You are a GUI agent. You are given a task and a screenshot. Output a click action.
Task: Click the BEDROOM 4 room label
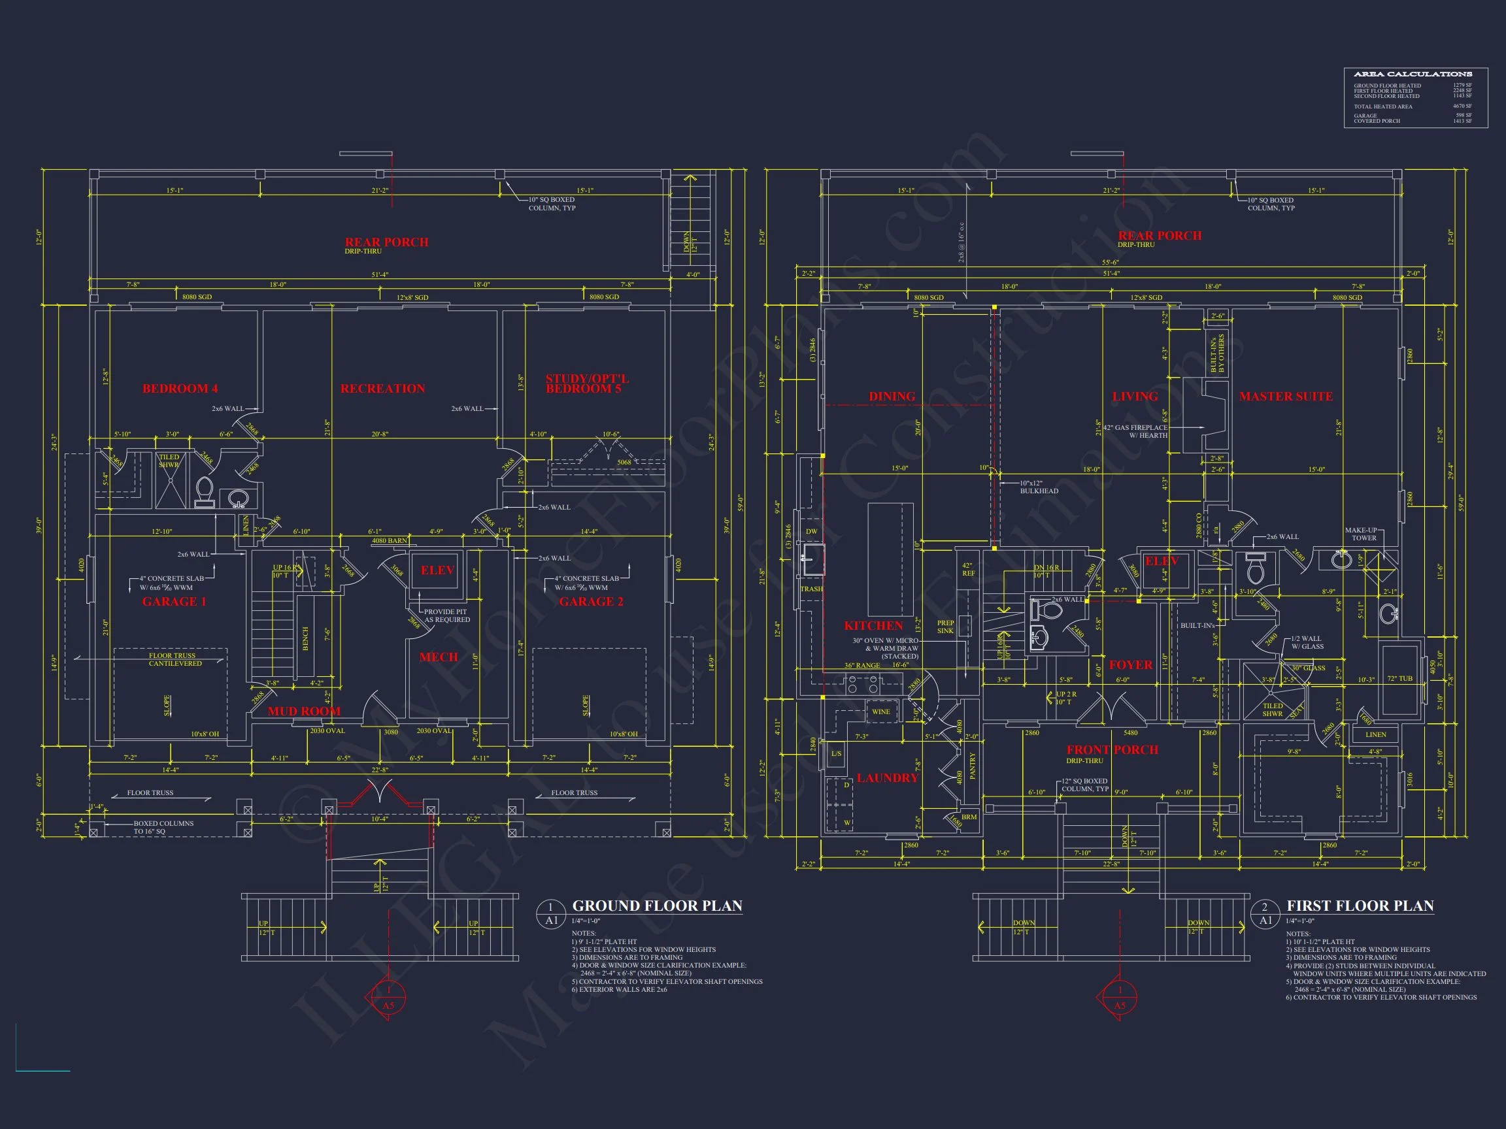point(180,389)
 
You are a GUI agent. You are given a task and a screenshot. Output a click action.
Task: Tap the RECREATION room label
point(382,389)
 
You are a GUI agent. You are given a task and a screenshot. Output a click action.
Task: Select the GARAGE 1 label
point(174,602)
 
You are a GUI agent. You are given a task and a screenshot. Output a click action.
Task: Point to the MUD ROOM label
point(304,711)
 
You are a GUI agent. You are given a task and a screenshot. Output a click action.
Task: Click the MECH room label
point(439,657)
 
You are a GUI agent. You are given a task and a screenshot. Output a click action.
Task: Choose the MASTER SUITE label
point(1286,396)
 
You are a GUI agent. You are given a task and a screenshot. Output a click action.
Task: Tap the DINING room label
point(892,396)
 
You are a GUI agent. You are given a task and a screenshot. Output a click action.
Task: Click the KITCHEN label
point(873,625)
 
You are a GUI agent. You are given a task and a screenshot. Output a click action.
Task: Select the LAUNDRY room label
point(887,778)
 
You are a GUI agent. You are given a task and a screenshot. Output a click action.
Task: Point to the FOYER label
point(1131,665)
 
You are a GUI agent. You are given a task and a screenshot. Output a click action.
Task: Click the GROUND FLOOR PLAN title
point(657,906)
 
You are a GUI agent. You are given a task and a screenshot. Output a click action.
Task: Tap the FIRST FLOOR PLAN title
point(1360,906)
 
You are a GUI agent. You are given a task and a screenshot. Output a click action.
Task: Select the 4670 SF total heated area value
point(1462,106)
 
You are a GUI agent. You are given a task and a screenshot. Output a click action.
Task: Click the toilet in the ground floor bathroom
point(204,491)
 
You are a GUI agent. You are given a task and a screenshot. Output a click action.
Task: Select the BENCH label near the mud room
point(305,638)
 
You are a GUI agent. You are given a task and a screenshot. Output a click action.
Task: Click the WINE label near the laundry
point(880,712)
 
